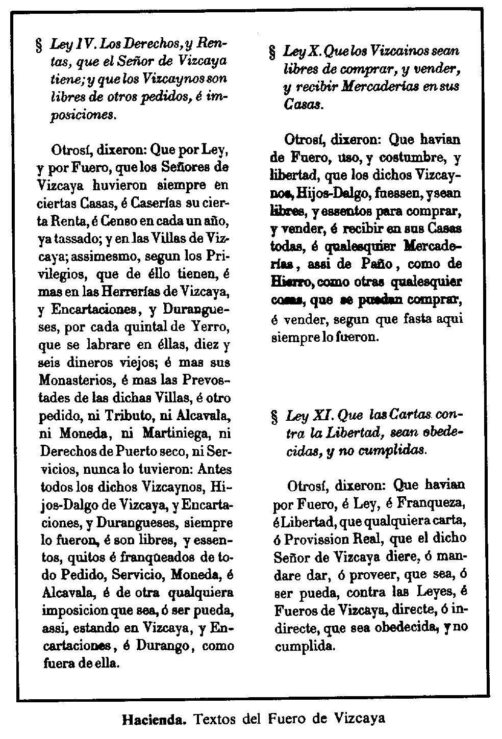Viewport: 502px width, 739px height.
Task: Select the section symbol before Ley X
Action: [x=272, y=53]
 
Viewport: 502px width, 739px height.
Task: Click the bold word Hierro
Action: [x=292, y=282]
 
